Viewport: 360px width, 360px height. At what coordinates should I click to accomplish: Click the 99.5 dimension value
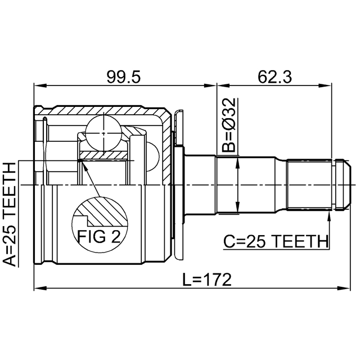(x=124, y=76)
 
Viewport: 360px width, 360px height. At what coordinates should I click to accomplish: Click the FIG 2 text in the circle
(x=100, y=237)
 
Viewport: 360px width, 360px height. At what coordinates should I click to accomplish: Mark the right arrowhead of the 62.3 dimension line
(x=326, y=87)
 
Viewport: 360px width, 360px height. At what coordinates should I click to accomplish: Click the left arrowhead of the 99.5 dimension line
(x=38, y=87)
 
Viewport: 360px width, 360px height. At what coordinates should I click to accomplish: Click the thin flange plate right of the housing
(x=179, y=186)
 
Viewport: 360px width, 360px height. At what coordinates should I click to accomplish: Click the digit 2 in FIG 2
(x=115, y=237)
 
